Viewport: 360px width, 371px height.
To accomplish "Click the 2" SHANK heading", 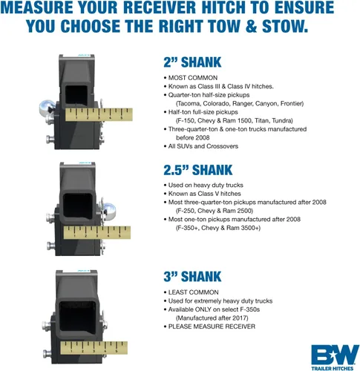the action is click(x=192, y=62).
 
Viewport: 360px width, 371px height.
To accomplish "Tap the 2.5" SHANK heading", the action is click(x=198, y=170).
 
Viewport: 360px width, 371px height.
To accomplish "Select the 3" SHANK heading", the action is click(x=192, y=276).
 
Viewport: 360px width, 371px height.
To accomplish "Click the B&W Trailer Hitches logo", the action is click(x=335, y=358).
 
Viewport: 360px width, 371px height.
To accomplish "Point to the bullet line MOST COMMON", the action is click(x=191, y=78).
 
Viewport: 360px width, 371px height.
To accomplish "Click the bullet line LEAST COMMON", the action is click(x=191, y=292).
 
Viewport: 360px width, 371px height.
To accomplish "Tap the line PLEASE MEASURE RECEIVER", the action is click(x=209, y=326).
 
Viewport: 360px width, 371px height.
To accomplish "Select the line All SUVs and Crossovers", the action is click(x=201, y=146).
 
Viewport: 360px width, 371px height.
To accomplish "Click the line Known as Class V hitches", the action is click(x=202, y=194).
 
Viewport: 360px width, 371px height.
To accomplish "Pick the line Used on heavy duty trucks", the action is click(x=203, y=185).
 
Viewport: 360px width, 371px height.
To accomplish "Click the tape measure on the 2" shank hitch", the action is click(x=99, y=114).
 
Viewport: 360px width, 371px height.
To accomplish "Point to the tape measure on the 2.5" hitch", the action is click(x=97, y=232).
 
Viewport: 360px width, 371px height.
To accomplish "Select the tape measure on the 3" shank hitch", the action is click(x=94, y=348).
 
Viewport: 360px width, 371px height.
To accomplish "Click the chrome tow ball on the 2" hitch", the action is click(x=45, y=108).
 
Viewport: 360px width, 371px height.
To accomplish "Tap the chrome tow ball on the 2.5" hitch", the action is click(x=108, y=210).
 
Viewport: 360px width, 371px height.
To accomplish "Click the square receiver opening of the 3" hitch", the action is click(x=77, y=316).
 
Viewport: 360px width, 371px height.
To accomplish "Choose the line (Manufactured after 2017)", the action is click(x=212, y=318).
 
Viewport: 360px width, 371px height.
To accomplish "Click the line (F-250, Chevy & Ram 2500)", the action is click(x=215, y=211).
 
